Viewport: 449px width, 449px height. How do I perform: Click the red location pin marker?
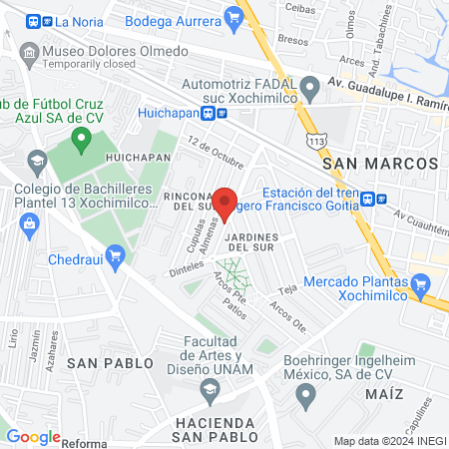[x=225, y=203]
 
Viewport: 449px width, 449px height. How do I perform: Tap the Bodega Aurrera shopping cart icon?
[x=234, y=16]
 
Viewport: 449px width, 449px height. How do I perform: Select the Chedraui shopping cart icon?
[x=116, y=256]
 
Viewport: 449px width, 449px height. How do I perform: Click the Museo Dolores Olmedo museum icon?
[x=31, y=51]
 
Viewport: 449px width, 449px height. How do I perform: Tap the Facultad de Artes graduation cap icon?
[x=211, y=389]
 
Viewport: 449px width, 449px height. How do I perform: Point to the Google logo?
[x=33, y=437]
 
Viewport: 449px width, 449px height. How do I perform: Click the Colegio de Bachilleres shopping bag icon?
[x=28, y=223]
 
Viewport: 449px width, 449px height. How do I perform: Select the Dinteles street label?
[x=183, y=268]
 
